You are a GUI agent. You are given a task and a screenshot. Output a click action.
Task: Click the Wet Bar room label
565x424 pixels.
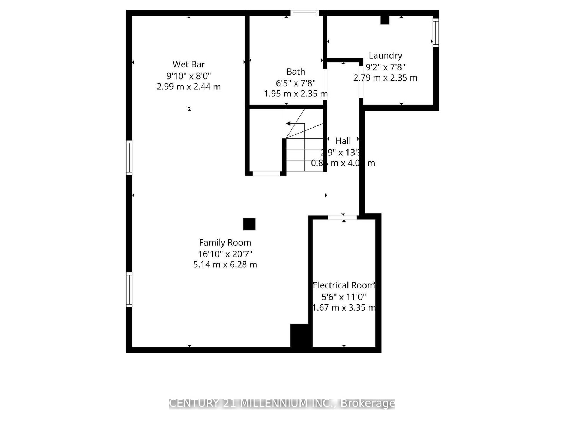[189, 64]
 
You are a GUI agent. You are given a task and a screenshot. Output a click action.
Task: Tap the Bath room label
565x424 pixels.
[296, 72]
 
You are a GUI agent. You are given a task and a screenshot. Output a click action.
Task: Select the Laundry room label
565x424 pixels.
[385, 55]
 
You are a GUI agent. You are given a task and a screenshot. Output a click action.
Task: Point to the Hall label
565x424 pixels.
[343, 141]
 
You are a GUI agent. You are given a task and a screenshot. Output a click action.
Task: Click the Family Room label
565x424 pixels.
[225, 242]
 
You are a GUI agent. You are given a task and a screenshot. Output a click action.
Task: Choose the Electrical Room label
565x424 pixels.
[344, 285]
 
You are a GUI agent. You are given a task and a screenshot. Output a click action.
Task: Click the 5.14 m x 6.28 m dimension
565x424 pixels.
[225, 265]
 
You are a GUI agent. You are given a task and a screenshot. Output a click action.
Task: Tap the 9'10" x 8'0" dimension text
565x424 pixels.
[189, 76]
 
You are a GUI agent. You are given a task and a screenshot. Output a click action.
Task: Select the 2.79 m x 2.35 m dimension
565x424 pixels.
[385, 78]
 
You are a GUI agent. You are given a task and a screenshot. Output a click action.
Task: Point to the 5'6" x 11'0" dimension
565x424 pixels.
[344, 297]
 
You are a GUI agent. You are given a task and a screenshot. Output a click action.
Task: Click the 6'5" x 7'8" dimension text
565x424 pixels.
[296, 83]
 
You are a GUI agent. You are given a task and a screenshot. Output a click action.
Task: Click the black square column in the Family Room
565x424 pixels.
[249, 224]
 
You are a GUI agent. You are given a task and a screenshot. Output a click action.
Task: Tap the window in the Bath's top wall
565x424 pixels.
[304, 13]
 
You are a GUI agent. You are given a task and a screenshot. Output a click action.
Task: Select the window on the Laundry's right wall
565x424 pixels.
[436, 33]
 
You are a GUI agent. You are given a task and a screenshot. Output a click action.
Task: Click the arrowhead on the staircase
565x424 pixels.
[289, 124]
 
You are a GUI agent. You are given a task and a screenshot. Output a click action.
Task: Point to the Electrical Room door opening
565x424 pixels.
[342, 217]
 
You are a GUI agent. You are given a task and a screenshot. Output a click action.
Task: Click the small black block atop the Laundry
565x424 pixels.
[385, 20]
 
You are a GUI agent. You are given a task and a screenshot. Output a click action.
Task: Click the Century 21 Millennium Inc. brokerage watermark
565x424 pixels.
[282, 403]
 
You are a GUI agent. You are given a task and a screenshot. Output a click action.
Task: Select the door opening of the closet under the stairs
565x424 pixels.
[266, 173]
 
